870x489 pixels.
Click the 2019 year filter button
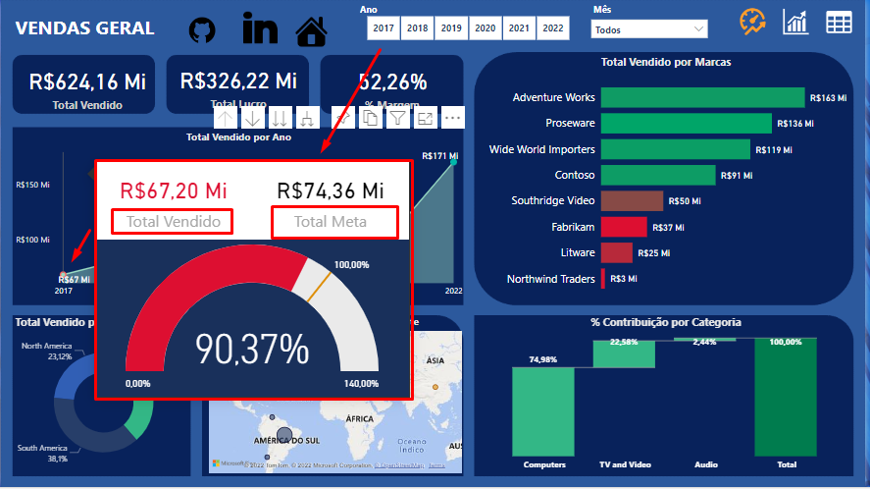coord(451,29)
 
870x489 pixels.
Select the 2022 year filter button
coord(553,29)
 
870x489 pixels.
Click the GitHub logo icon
coord(202,30)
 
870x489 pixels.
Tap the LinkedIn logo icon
coord(260,29)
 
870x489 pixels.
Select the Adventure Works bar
coord(702,97)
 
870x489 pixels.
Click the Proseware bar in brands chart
coord(687,124)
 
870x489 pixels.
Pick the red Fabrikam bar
coord(624,227)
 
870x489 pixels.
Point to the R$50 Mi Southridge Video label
coord(685,201)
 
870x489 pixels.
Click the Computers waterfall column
coord(544,411)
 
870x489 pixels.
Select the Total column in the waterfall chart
coord(786,398)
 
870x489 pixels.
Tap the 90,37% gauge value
coord(252,349)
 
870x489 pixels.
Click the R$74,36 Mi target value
coord(331,190)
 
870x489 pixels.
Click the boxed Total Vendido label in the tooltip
coord(174,222)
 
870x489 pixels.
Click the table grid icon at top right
coord(839,23)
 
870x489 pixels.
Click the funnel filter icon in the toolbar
coord(397,118)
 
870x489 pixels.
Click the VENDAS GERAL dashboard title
coord(85,28)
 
